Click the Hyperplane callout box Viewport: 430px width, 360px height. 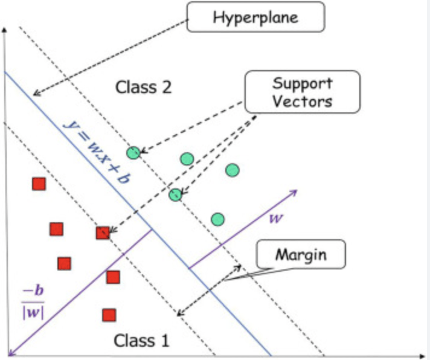[x=256, y=17]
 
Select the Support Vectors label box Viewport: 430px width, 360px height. [x=303, y=92]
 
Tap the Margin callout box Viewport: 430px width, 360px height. [x=301, y=254]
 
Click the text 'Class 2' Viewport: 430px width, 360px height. [x=143, y=87]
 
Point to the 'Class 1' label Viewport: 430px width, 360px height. [x=141, y=341]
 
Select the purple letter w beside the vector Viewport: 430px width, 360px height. [x=276, y=218]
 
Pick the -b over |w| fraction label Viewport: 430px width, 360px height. [x=33, y=303]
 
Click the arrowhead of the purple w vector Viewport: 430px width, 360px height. [x=295, y=191]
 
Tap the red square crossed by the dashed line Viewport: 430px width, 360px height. [x=103, y=233]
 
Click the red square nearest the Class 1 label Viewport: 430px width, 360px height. [x=109, y=315]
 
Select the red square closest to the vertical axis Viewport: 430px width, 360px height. [x=39, y=184]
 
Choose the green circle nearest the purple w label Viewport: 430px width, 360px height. [x=218, y=219]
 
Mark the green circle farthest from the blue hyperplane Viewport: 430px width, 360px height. [x=233, y=170]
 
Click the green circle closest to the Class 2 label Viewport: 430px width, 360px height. [x=133, y=152]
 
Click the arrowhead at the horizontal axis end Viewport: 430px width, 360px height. [x=424, y=355]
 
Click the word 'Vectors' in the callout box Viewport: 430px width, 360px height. [x=302, y=101]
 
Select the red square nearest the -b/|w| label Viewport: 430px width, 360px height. [x=65, y=263]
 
